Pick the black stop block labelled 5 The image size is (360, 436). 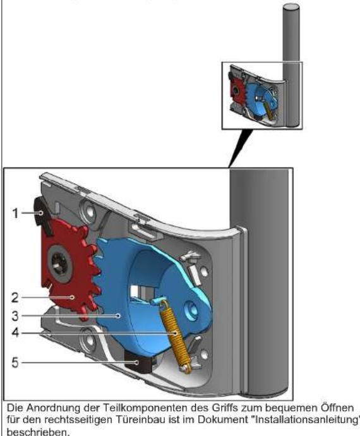[x=138, y=365]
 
